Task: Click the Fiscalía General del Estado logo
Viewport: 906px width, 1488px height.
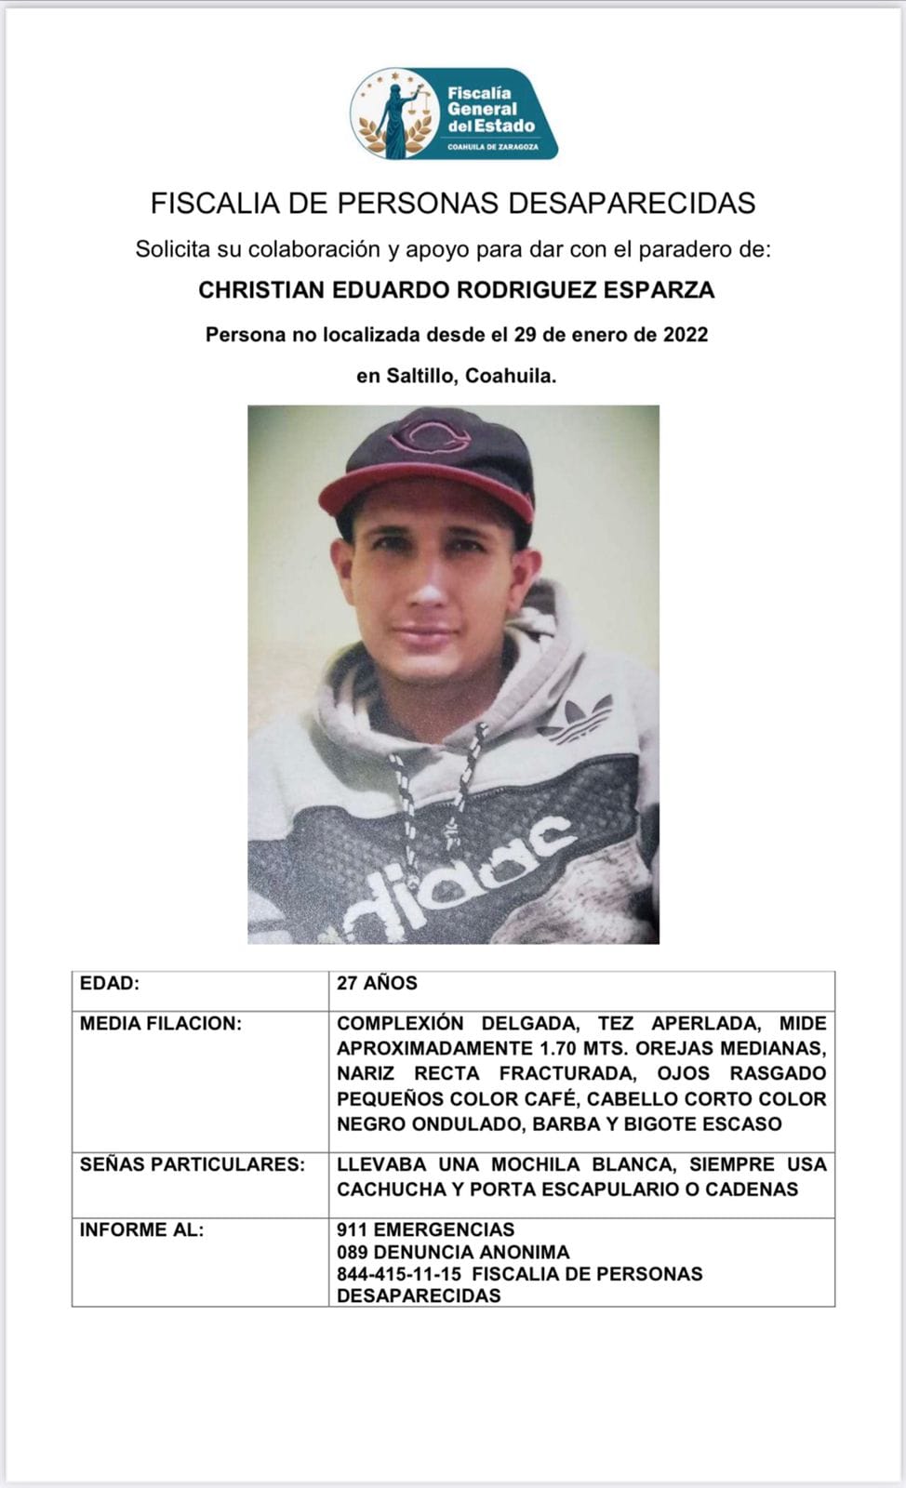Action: (x=454, y=113)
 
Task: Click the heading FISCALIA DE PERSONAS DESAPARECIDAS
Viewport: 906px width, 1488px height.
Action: (x=453, y=203)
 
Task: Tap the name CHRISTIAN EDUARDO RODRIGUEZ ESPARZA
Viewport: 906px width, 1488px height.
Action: (x=456, y=290)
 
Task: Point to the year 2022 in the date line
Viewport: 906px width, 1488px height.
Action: (x=686, y=335)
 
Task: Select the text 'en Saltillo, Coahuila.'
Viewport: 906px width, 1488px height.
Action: (x=456, y=377)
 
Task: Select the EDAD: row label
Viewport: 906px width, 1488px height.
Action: (x=110, y=983)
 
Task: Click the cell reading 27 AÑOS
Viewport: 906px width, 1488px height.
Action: (x=377, y=983)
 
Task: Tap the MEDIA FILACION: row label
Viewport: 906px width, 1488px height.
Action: (x=160, y=1024)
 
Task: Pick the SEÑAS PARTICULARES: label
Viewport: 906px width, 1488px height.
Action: (x=192, y=1164)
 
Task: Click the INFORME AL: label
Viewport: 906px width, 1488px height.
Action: (x=141, y=1229)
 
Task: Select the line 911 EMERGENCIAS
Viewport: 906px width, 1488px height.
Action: (x=425, y=1229)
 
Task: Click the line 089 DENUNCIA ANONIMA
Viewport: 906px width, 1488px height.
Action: (x=453, y=1252)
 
